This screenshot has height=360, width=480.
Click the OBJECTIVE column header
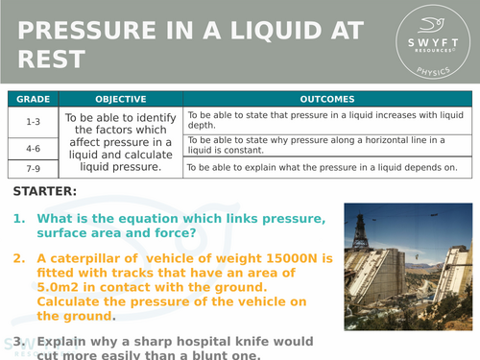point(121,99)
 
